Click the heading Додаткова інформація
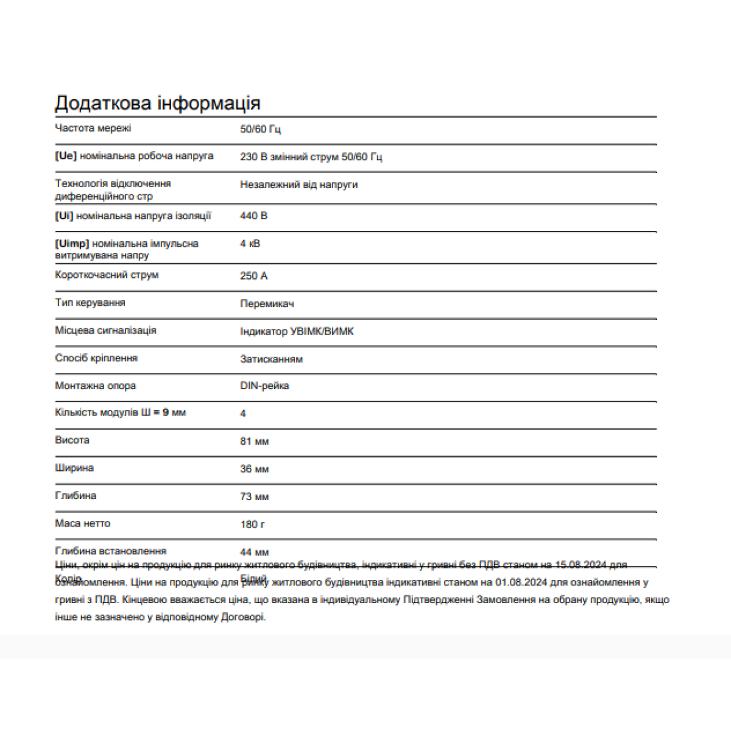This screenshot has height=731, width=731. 158,104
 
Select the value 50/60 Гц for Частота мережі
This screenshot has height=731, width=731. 260,129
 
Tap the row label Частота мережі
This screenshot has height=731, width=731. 93,128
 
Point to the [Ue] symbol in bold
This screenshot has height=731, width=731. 66,156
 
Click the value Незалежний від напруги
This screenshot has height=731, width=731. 298,185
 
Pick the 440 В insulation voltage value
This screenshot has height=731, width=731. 253,216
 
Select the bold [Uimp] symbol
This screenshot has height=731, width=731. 72,244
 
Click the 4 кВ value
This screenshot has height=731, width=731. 250,244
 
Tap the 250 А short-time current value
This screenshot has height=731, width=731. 253,276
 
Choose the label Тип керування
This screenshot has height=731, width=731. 90,303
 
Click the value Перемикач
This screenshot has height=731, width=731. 267,304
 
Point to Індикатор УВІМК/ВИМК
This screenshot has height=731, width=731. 297,331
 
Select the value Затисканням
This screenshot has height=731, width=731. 271,359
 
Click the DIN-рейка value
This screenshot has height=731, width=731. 264,386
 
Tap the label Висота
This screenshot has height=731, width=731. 72,440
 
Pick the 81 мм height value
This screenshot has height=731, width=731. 254,442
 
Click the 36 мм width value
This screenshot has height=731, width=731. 254,469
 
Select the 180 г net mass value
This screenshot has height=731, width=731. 252,524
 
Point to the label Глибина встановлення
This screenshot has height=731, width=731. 110,551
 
